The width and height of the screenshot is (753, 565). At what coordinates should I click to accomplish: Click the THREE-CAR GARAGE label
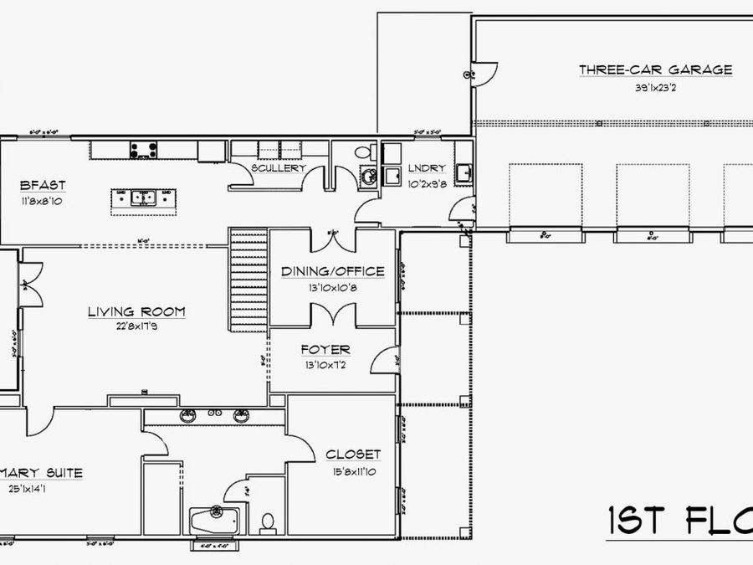pyautogui.click(x=655, y=69)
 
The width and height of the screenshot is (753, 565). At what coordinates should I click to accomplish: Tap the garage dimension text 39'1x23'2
pyautogui.click(x=655, y=87)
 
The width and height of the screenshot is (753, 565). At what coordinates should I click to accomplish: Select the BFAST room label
pyautogui.click(x=43, y=185)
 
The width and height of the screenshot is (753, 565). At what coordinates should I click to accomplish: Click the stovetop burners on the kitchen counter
pyautogui.click(x=144, y=151)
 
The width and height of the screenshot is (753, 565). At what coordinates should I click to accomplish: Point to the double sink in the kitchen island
pyautogui.click(x=144, y=199)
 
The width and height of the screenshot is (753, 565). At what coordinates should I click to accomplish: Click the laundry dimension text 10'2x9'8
pyautogui.click(x=425, y=182)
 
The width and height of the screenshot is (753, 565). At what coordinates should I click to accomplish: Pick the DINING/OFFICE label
pyautogui.click(x=332, y=271)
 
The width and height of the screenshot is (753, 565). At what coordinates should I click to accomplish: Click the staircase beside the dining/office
pyautogui.click(x=248, y=280)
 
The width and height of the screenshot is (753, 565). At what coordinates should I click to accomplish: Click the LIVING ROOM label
pyautogui.click(x=136, y=312)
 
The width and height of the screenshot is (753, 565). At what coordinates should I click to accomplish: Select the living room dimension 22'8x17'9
pyautogui.click(x=136, y=327)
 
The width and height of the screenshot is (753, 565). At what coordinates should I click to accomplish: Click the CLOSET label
pyautogui.click(x=353, y=455)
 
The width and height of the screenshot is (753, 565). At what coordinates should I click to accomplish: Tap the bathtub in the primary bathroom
pyautogui.click(x=215, y=521)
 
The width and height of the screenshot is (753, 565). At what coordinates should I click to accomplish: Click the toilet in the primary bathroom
pyautogui.click(x=268, y=522)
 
